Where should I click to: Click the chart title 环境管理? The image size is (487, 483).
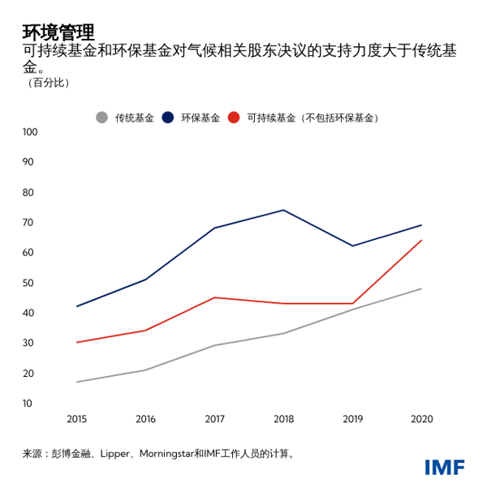58,32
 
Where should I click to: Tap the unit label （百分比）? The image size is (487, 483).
48,83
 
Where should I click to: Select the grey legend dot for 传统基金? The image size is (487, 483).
101,118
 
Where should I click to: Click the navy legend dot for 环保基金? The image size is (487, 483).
167,118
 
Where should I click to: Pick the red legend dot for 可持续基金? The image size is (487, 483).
234,118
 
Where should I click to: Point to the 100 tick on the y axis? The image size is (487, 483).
30,132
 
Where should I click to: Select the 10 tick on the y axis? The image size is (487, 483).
28,404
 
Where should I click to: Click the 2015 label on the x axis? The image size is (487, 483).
76,419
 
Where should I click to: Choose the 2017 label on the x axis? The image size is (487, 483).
214,419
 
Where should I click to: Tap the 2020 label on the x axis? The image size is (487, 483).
422,419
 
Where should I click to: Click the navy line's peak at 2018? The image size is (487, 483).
283,210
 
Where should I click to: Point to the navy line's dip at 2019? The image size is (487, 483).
352,246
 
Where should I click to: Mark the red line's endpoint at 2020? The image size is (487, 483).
421,240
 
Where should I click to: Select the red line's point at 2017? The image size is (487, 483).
214,297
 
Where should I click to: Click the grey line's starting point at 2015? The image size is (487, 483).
76,382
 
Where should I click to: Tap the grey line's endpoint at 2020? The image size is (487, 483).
421,289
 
